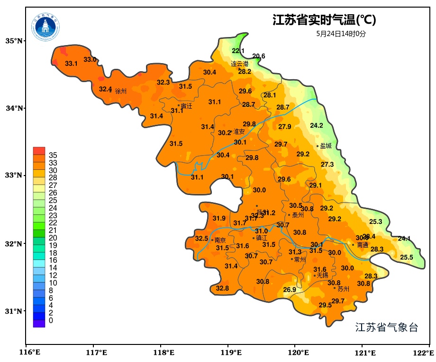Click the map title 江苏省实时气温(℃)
(x=324, y=20)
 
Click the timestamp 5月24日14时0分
(x=341, y=34)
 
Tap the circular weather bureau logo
(x=46, y=27)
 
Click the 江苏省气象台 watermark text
(x=387, y=327)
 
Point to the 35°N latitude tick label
(x=14, y=41)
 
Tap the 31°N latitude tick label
(x=14, y=311)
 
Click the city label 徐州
(x=121, y=91)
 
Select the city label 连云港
(x=240, y=64)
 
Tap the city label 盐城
(x=326, y=146)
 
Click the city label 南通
(x=363, y=245)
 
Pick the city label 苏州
(x=344, y=289)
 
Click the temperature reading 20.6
(x=259, y=56)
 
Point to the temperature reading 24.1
(x=404, y=239)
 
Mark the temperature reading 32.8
(x=222, y=288)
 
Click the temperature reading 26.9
(x=290, y=290)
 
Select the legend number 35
(x=53, y=155)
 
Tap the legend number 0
(x=51, y=321)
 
